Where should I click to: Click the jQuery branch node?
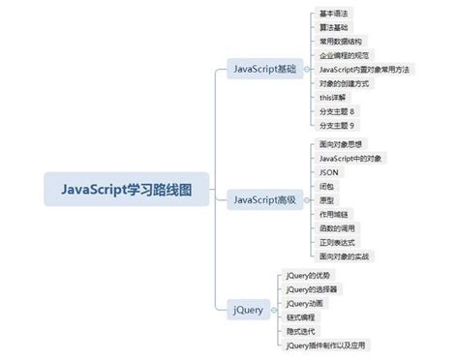pos(247,310)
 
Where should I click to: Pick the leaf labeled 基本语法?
pos(334,14)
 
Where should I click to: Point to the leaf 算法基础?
pos(334,27)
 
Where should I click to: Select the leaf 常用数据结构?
pos(341,42)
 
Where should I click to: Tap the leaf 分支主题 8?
pos(338,111)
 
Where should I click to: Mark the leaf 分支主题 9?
pos(338,125)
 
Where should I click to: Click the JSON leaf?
pos(329,171)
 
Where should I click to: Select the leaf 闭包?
pos(326,186)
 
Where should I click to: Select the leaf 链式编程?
pos(302,316)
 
